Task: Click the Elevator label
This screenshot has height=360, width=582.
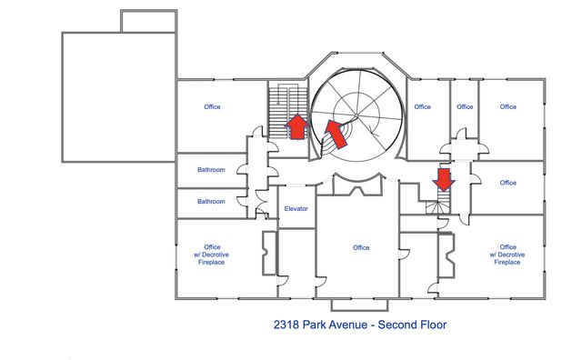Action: [x=296, y=209]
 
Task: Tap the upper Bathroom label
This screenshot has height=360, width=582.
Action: [x=212, y=169]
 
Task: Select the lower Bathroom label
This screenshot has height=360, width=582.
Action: [x=212, y=202]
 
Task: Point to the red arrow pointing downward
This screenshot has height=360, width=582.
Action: [x=444, y=179]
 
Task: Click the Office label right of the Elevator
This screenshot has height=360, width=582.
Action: [x=361, y=247]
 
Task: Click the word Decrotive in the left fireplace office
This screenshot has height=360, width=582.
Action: [x=213, y=255]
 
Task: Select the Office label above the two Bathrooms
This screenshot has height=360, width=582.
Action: [x=212, y=107]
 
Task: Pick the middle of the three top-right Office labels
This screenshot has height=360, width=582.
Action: [x=465, y=107]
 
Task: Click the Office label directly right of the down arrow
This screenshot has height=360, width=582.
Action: [x=507, y=183]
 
